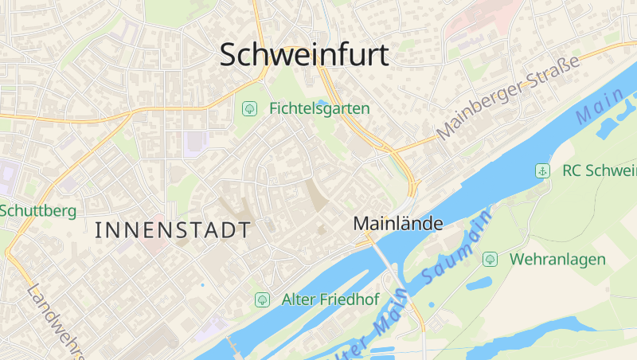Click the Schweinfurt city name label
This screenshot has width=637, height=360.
304,55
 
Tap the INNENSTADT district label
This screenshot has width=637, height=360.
173,231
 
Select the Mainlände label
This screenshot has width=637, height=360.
397,225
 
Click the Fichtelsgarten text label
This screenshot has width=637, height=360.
319,108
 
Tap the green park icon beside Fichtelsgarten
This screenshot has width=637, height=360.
249,108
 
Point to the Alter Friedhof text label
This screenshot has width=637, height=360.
330,299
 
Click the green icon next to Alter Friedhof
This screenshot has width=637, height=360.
261,299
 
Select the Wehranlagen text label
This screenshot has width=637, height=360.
557,259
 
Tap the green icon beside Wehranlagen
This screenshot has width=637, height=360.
490,259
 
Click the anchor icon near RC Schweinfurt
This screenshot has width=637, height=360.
542,170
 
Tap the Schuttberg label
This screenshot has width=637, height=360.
37,211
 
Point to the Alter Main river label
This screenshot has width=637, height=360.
374,335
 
